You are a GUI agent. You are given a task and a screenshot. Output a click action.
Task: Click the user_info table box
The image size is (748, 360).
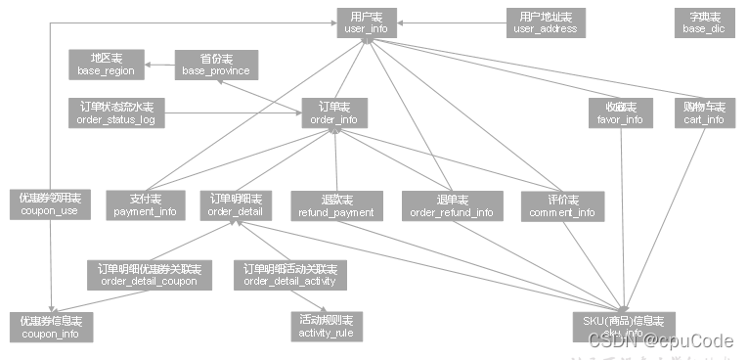367,22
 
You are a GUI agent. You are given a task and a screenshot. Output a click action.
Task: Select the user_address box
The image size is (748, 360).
545,22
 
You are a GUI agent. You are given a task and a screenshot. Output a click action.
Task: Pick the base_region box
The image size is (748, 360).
106,65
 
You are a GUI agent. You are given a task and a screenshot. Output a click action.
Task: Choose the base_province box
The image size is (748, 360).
214,65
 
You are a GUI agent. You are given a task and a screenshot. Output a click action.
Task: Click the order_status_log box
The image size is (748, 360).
116,112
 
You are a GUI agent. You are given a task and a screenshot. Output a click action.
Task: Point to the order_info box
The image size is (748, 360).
333,112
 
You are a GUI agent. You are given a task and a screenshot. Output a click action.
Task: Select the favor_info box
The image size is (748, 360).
620,112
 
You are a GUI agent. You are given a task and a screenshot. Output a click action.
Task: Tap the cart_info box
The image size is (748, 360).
704,112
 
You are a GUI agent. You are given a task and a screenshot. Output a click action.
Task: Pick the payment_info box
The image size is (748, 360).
145,203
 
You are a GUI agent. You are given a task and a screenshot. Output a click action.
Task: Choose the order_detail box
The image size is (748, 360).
235,203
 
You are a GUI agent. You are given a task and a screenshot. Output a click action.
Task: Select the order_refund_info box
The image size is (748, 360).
452,205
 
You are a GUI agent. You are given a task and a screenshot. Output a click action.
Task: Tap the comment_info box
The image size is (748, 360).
561,205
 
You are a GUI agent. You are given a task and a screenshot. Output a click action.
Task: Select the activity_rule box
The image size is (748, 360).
328,327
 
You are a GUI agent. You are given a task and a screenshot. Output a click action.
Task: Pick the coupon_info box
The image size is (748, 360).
51,327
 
